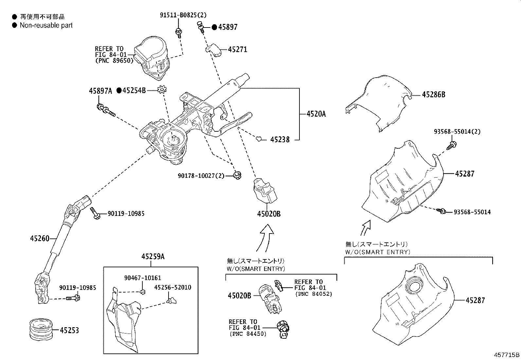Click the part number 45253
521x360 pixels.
click(69, 330)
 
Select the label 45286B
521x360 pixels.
click(434, 95)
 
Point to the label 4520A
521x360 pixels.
click(316, 114)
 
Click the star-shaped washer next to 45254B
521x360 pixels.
click(162, 90)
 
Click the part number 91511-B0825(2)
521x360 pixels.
click(183, 15)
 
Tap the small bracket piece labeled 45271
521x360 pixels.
click(213, 50)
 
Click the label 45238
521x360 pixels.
click(280, 140)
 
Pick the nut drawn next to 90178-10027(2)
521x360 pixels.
click(238, 175)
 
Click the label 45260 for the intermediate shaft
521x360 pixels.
click(40, 238)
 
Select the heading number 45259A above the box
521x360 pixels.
click(153, 257)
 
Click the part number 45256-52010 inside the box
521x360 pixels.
click(173, 287)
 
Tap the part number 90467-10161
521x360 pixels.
click(143, 278)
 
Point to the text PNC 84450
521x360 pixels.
click(248, 334)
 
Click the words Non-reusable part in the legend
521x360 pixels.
click(46, 26)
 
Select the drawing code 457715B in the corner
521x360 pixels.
click(507, 355)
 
